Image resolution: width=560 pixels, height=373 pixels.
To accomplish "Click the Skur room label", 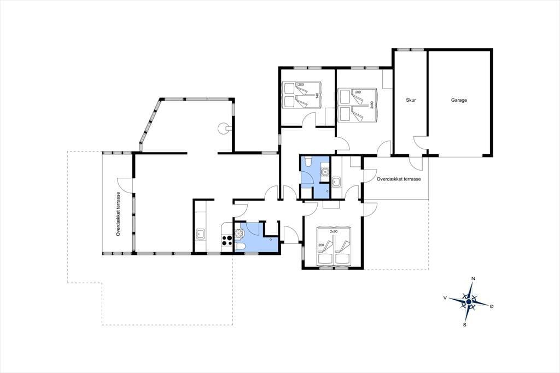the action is (411, 101).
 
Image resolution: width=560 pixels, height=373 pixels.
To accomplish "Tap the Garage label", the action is (459, 101).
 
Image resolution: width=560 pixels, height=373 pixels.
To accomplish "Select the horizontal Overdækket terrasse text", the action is (399, 179).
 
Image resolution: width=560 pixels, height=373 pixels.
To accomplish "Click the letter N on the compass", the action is (474, 279).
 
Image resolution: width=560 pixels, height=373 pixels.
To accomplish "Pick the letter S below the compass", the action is (464, 325).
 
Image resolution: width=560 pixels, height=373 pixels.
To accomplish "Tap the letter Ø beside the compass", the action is (492, 306).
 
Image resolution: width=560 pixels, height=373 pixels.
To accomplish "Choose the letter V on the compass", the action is (445, 298).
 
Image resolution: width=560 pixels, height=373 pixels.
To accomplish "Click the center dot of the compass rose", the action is (469, 302).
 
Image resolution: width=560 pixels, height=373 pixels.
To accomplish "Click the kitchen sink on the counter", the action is (200, 235).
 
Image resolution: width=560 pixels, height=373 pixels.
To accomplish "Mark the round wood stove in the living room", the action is (224, 128).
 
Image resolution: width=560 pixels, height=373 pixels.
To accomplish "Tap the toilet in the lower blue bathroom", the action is (240, 247).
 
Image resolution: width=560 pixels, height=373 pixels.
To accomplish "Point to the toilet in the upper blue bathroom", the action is (307, 162).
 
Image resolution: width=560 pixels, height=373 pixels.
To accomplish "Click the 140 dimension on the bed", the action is (317, 95).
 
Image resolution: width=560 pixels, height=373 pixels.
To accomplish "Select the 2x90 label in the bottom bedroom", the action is (334, 231).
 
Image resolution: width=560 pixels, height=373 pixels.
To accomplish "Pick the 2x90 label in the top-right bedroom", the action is (371, 104).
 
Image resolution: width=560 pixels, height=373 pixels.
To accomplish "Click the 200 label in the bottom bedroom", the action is (320, 245).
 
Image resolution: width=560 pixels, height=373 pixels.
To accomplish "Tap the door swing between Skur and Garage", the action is (420, 142).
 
